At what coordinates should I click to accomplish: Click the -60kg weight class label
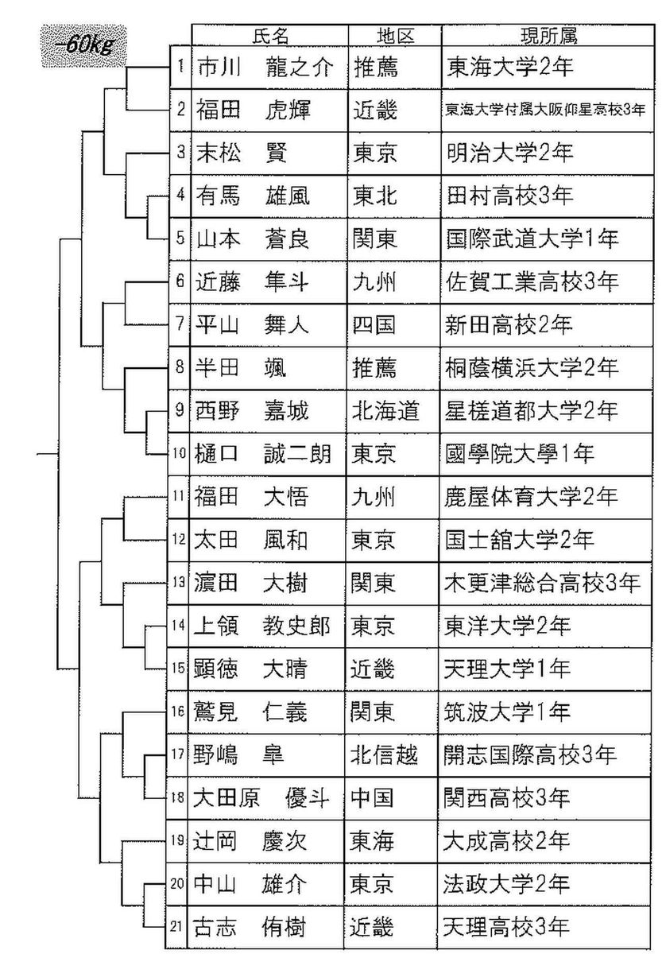coord(84,46)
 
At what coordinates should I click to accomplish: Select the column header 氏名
coord(270,36)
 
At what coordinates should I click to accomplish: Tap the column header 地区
coord(395,36)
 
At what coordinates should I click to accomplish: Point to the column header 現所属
coord(548,36)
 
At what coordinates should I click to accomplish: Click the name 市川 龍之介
coord(264,68)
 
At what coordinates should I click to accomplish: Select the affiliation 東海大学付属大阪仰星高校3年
coord(545,111)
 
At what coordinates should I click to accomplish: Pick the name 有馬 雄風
coord(253,196)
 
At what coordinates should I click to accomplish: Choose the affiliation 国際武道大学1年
coord(532,239)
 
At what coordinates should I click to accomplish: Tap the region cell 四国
coord(374,325)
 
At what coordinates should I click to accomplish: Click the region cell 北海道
coord(385,411)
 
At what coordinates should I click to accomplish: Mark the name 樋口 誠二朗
coord(262,454)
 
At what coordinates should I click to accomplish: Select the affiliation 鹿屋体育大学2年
coord(531,497)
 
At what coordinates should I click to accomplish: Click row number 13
coord(178,582)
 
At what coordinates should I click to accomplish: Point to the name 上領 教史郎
coord(261,626)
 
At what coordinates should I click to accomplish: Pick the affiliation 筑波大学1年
coord(506,712)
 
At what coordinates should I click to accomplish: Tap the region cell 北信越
coord(384,755)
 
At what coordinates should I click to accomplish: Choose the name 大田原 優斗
coord(261,798)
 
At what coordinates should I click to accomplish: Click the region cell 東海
coord(372,842)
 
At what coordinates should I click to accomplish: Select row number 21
coord(176,927)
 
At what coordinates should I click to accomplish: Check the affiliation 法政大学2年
coord(506,884)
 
